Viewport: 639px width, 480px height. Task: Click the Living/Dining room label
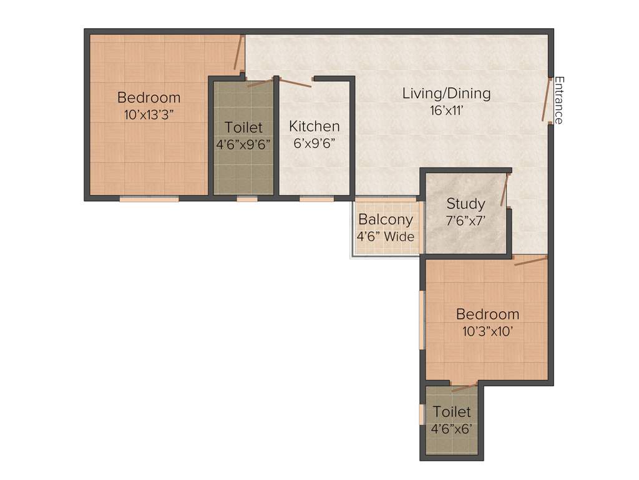click(x=446, y=94)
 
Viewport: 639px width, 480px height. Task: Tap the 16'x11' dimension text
click(x=446, y=111)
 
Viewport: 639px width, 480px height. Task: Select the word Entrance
click(x=559, y=100)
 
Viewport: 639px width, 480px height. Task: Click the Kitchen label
click(x=315, y=126)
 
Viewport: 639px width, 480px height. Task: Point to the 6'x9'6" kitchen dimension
click(x=315, y=142)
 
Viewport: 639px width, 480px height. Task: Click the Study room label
click(x=466, y=204)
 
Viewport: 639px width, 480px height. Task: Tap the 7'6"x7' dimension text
click(x=466, y=220)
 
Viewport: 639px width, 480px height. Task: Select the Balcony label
click(x=386, y=219)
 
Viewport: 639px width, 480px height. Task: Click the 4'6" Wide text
click(x=386, y=236)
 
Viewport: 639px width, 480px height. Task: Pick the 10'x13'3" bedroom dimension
click(x=149, y=114)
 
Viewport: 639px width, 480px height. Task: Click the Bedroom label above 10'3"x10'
click(x=487, y=314)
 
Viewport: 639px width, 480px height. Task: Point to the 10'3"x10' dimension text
click(x=487, y=331)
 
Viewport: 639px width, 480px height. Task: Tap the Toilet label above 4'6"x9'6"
click(x=243, y=127)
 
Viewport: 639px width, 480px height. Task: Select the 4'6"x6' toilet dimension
click(x=452, y=429)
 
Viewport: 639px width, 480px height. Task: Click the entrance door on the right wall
click(x=547, y=100)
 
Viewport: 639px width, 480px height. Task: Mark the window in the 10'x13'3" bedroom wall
click(x=149, y=199)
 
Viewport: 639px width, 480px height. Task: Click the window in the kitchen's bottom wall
click(x=316, y=199)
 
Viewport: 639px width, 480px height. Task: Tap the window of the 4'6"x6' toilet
click(x=422, y=414)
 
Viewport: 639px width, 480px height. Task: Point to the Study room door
click(x=507, y=191)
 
